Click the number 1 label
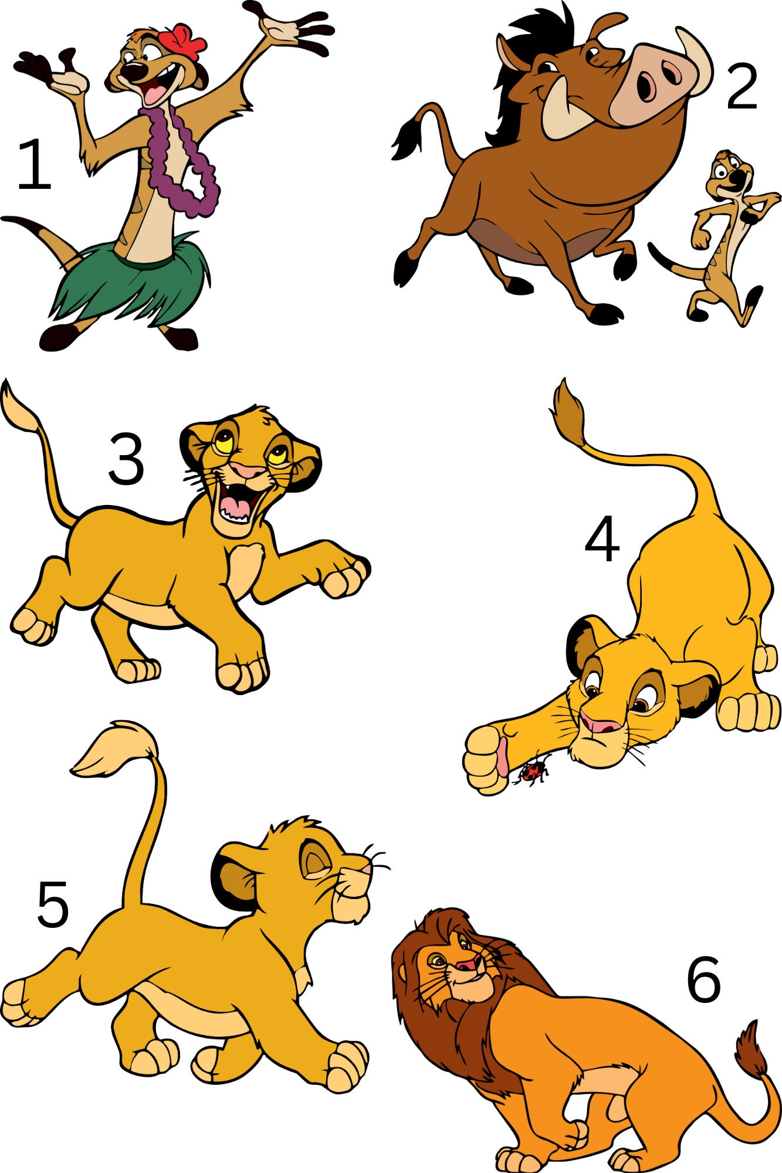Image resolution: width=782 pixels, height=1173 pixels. pos(34,165)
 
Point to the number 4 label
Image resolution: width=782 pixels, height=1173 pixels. pos(602,539)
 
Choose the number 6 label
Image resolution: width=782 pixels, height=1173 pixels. pos(703,979)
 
